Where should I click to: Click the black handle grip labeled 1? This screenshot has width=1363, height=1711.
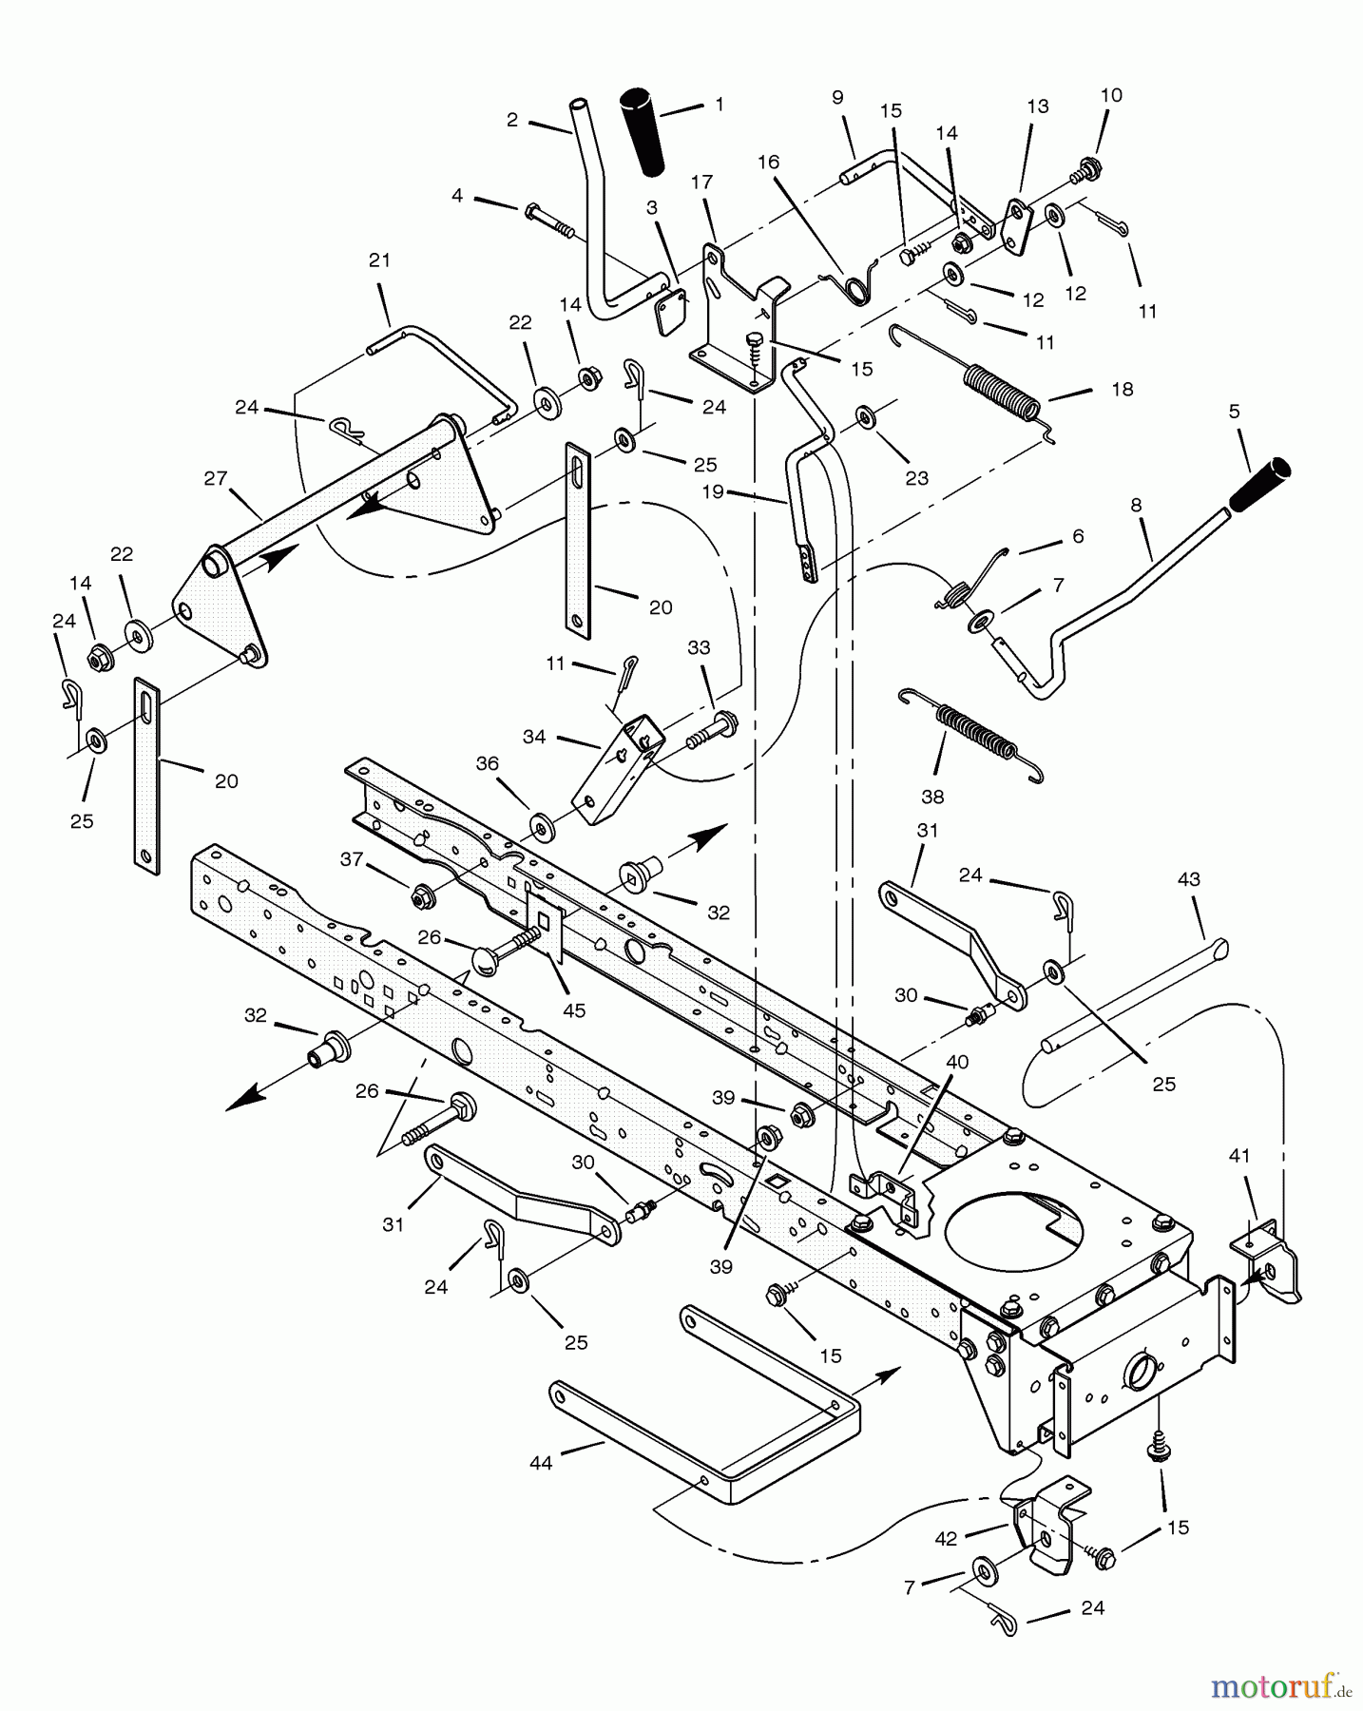coord(644,132)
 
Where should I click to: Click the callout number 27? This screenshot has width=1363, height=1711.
coord(216,477)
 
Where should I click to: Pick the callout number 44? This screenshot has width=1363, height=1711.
coord(541,1464)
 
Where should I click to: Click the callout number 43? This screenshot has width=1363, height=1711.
coord(1189,879)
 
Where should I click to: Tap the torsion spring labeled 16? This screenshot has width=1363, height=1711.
coord(853,288)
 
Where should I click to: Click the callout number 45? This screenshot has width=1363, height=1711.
coord(573,1009)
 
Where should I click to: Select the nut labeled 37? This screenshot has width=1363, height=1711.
coord(419,894)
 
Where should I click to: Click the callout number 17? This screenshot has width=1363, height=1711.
coord(701,182)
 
